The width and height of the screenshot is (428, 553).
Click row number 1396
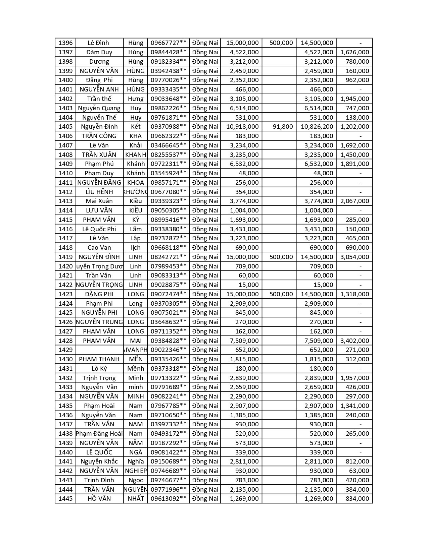pos(65,43)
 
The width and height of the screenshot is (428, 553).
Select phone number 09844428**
pos(168,52)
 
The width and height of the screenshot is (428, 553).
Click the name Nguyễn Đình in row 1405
pos(99,127)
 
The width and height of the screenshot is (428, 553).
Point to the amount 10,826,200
pos(317,127)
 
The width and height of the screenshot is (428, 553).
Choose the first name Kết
pos(136,127)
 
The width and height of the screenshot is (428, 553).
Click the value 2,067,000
pos(354,201)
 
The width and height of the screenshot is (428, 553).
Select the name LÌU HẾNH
pos(99,192)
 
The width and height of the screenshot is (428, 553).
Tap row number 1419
pos(65,257)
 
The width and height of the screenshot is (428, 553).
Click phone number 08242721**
pos(168,257)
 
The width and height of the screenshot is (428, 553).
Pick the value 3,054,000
pos(354,257)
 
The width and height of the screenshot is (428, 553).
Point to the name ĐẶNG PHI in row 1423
pos(99,294)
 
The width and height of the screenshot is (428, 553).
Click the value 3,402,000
pos(354,341)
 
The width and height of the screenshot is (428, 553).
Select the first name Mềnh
pos(136,369)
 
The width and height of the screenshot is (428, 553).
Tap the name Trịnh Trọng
pos(99,378)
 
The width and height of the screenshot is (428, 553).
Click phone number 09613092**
pos(168,499)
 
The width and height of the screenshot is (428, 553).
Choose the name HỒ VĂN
pos(99,499)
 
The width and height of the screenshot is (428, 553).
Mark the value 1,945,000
pos(354,99)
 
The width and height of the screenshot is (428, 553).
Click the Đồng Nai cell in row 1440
pos(205,452)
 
